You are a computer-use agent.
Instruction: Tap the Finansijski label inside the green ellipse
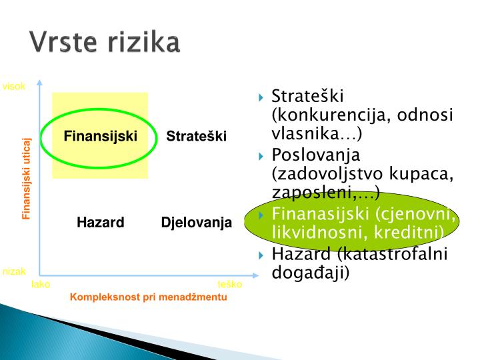coord(100,136)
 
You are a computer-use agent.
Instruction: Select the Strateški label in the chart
coord(197,136)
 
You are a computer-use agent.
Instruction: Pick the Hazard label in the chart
coord(100,222)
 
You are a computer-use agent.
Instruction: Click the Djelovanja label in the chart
coord(197,222)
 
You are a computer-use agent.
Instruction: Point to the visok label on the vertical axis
coord(14,86)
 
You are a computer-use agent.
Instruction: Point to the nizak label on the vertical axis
coord(14,271)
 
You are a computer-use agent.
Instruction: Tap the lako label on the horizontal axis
coord(41,285)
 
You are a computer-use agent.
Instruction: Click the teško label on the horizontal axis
coord(229,285)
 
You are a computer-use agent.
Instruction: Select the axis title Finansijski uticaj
coord(27,178)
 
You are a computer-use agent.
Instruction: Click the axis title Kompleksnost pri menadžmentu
coord(149,297)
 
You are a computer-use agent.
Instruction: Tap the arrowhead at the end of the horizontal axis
coord(256,274)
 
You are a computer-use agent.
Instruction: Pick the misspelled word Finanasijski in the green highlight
coord(321,215)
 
